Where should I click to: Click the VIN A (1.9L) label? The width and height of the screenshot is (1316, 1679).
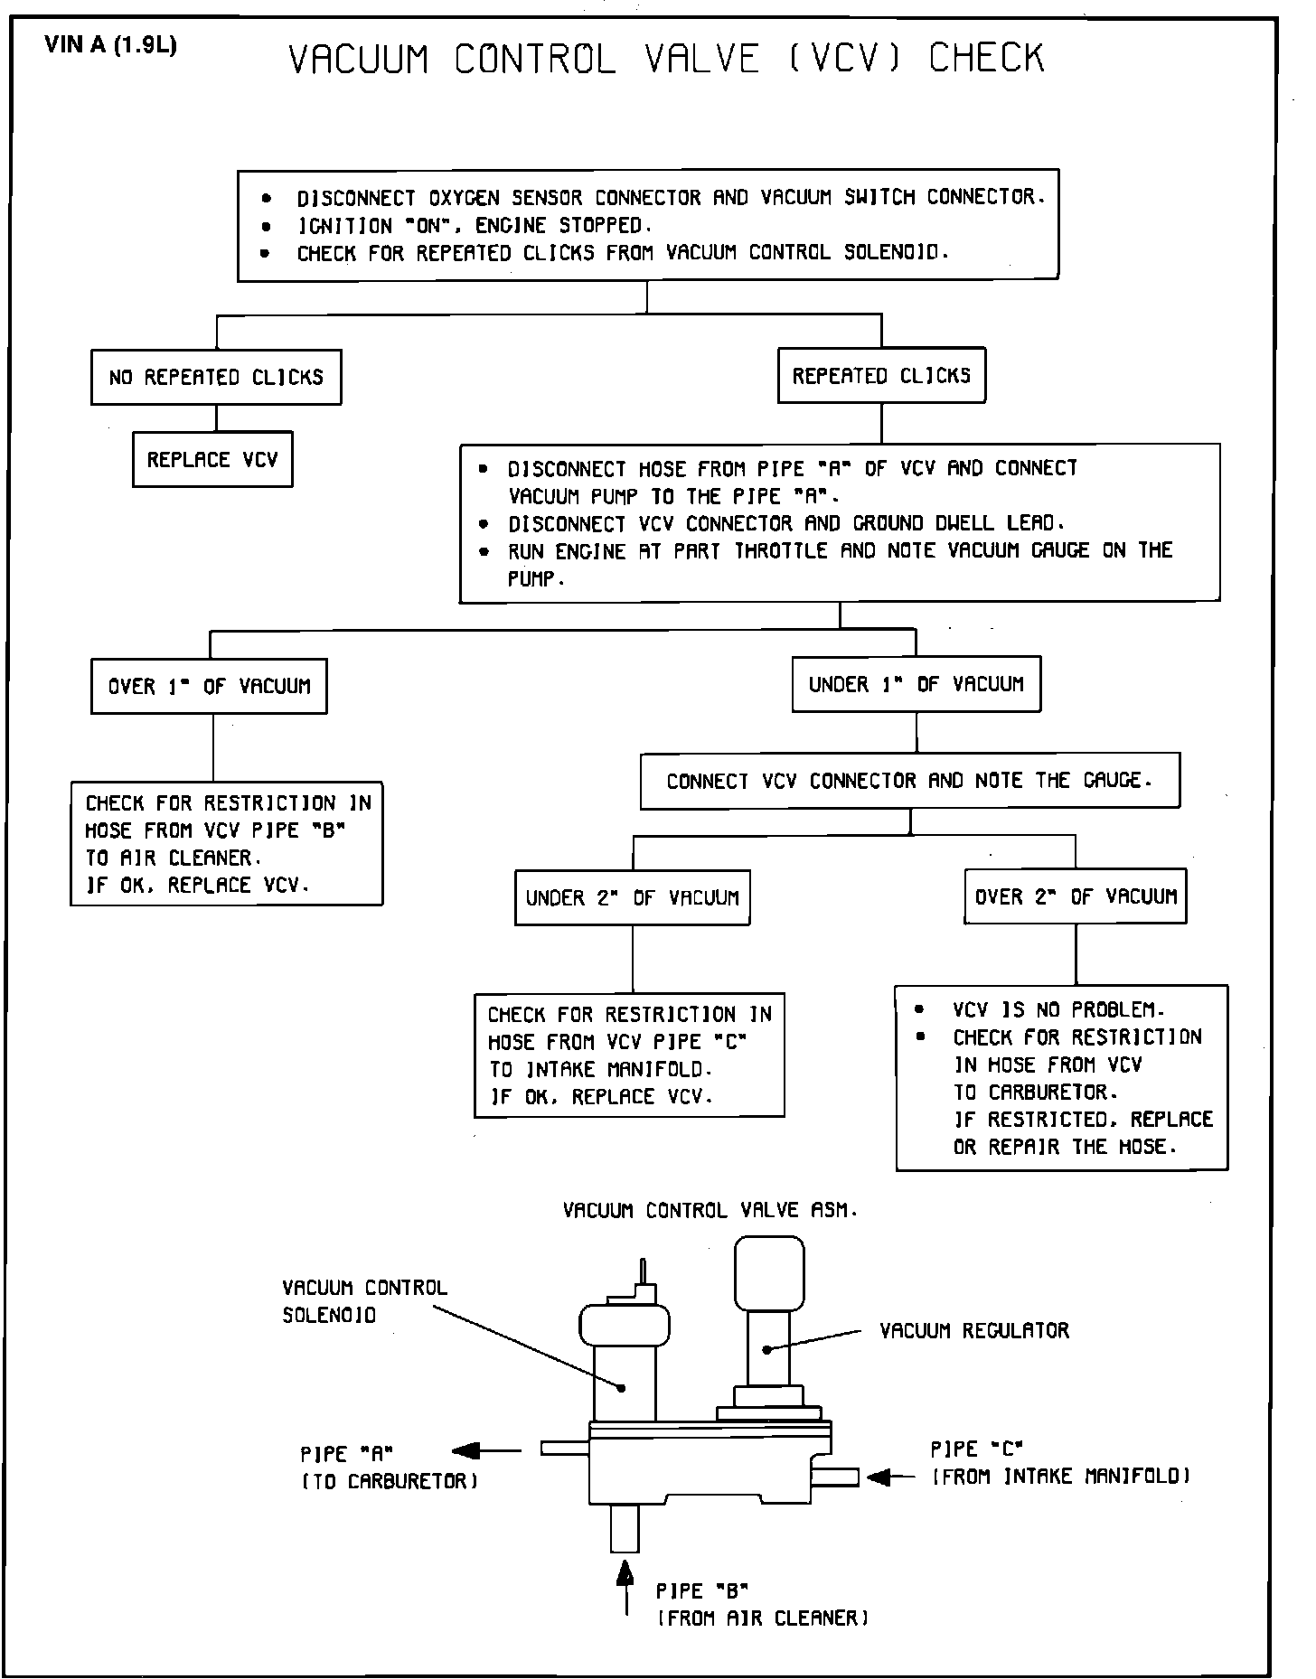pos(111,45)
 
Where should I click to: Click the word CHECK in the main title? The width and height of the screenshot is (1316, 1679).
pos(986,59)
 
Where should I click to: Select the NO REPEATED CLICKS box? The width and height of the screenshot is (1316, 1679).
pos(216,377)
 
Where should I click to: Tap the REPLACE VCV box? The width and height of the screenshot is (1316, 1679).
pos(212,460)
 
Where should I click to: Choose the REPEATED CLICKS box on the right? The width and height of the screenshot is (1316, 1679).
pos(881,375)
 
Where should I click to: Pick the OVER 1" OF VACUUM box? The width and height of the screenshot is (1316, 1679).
pos(209,686)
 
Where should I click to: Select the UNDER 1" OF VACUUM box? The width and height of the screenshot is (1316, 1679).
pos(916,684)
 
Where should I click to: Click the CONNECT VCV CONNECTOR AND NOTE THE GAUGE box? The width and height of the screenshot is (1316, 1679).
pos(909,781)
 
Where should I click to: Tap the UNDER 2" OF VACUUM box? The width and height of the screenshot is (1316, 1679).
pos(632,897)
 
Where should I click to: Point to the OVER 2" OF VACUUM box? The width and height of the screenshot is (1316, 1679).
pos(1076,896)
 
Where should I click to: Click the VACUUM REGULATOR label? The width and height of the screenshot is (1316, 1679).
pos(974,1330)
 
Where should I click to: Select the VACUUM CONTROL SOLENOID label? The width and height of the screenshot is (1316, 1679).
pos(364,1301)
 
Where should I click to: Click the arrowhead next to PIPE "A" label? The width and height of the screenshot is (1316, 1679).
pos(466,1451)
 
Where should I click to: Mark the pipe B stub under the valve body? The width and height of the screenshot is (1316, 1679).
pos(625,1528)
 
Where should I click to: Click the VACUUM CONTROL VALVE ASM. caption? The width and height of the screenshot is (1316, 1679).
pos(710,1210)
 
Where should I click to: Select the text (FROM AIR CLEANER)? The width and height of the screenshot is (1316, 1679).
pos(762,1618)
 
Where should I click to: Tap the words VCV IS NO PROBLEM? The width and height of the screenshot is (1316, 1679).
pos(1057,1009)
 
